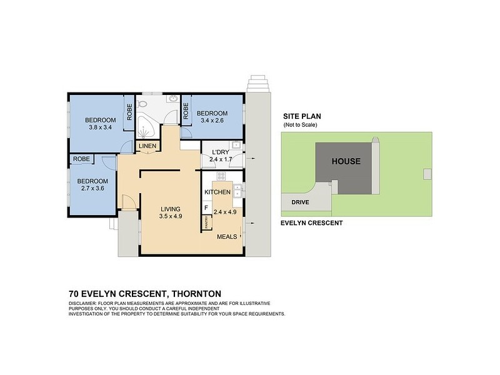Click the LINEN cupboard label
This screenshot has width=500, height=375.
pos(148,146)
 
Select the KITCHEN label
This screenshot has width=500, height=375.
pos(217,192)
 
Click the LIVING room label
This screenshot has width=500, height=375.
pos(170,209)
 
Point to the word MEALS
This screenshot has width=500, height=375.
pos(227,237)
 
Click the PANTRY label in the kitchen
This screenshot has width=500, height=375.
pos(206,221)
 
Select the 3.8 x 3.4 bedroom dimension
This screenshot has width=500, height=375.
pos(101,127)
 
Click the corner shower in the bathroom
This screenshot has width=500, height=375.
pos(147,129)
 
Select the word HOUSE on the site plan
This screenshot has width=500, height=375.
pos(346,161)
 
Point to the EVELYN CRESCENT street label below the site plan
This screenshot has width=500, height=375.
pos(311,222)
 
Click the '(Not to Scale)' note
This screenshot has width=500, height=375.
pos(301,125)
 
